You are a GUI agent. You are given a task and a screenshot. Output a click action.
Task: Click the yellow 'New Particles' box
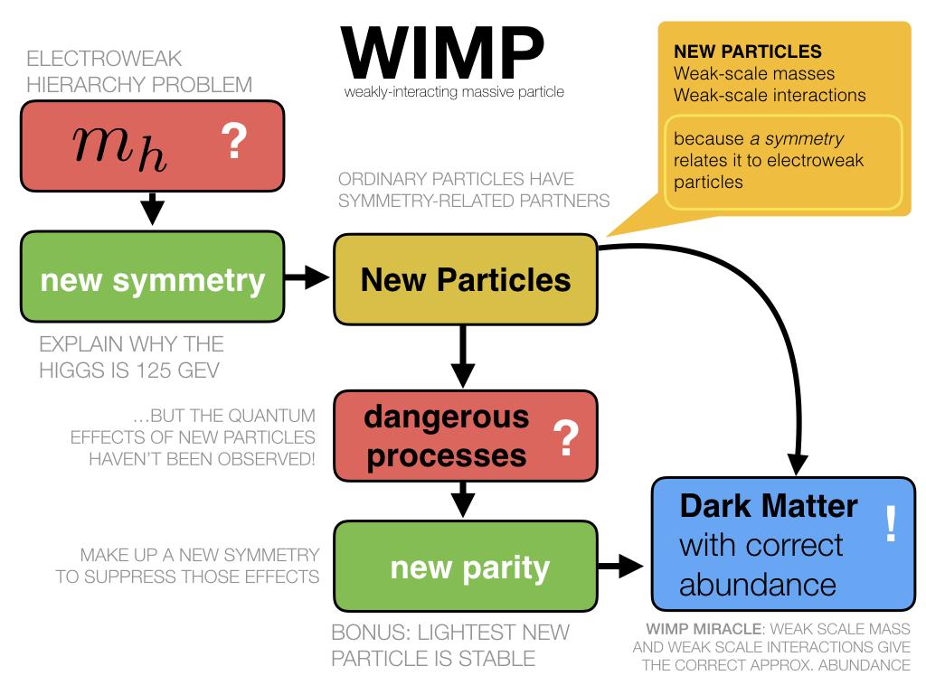[465, 279]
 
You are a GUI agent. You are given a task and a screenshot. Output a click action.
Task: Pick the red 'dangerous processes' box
[465, 436]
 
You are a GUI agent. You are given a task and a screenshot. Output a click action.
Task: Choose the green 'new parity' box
[465, 567]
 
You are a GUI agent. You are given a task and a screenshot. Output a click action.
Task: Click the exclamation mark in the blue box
[890, 525]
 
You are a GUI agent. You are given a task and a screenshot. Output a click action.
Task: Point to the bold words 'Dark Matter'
[769, 505]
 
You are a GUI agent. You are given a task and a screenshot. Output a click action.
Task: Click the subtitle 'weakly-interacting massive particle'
[455, 92]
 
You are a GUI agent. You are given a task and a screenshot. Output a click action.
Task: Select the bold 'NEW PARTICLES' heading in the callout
[735, 52]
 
